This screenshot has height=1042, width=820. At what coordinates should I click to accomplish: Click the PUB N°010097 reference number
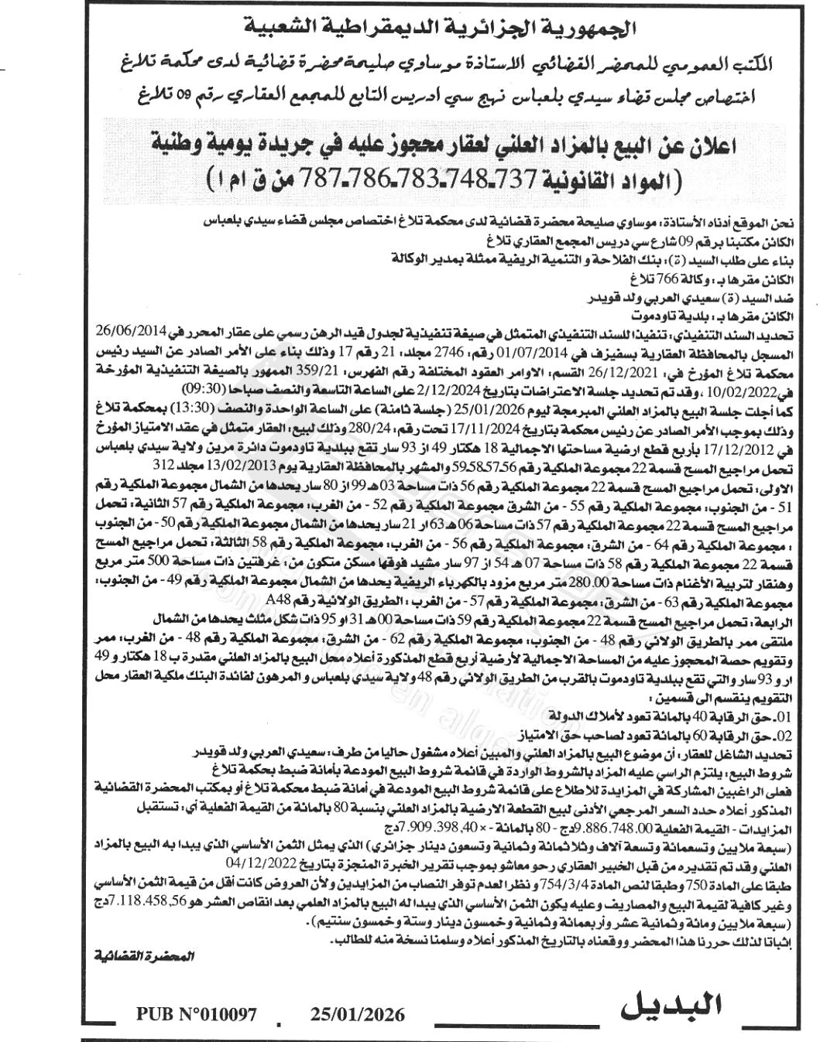point(195,1014)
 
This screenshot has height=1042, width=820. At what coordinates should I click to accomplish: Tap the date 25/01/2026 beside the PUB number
point(357,1014)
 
